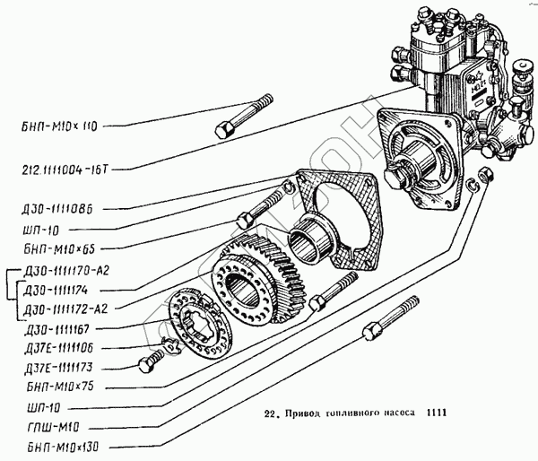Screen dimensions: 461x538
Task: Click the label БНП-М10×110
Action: coord(56,127)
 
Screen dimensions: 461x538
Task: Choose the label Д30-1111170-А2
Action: coord(62,273)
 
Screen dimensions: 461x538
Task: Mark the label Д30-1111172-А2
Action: coord(62,309)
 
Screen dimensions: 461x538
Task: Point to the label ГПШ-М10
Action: coord(46,426)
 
